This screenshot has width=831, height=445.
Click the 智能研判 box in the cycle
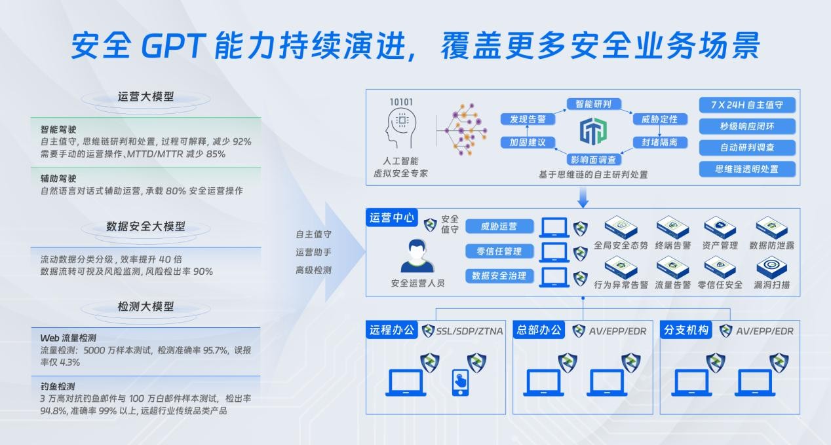click(594, 104)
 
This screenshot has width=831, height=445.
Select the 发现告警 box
click(528, 119)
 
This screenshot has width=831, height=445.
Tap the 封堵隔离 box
click(659, 142)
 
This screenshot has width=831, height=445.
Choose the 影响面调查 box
click(594, 160)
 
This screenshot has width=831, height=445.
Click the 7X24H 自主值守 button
click(747, 105)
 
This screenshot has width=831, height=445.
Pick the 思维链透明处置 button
click(747, 169)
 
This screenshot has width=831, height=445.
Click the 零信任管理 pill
click(499, 251)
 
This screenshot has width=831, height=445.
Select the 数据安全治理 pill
click(499, 276)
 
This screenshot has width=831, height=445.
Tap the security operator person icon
click(417, 256)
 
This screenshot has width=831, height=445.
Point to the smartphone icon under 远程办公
click(460, 382)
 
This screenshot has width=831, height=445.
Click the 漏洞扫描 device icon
click(771, 267)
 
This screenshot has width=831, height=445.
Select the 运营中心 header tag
click(392, 217)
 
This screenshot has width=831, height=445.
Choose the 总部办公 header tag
click(539, 330)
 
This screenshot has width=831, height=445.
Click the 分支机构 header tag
click(686, 330)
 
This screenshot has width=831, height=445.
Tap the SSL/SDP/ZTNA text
click(469, 331)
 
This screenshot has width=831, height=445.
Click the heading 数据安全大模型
click(145, 226)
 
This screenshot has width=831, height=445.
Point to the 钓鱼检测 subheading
click(58, 387)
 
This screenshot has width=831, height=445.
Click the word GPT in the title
click(174, 46)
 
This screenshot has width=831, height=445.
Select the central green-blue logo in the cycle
click(593, 131)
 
